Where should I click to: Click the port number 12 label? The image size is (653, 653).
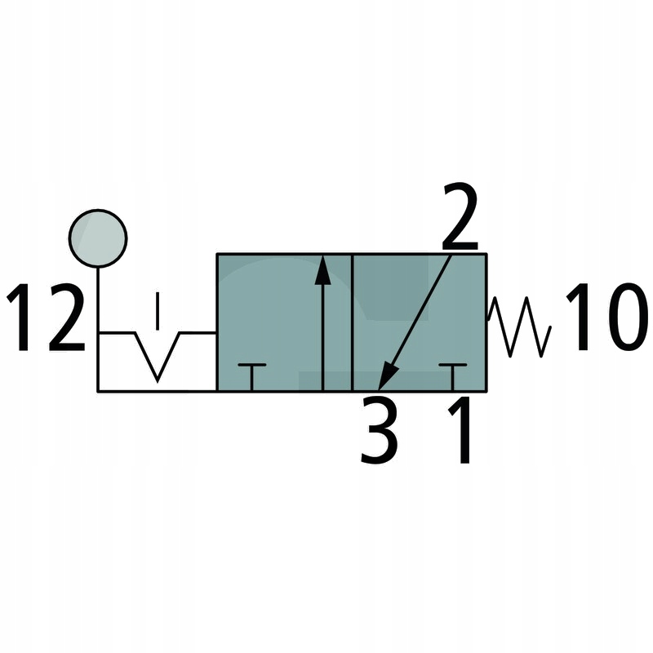[x=47, y=318]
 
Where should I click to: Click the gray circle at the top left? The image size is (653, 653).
[x=98, y=238]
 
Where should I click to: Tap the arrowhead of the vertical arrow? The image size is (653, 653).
[x=323, y=270]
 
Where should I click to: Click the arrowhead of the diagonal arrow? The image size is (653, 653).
[x=387, y=377]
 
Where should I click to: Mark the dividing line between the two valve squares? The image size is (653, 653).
[x=352, y=322]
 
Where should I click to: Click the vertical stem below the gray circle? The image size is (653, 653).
[x=98, y=298]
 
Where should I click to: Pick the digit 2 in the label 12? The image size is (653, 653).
[x=66, y=318]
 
